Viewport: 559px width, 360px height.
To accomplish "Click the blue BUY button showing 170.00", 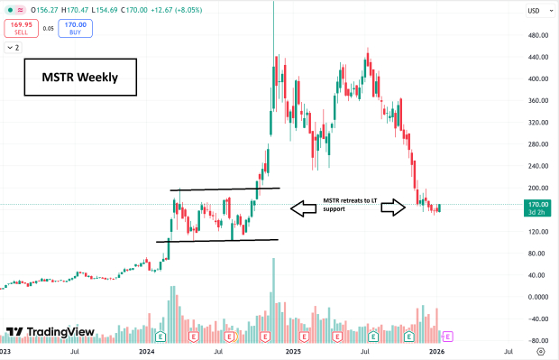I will coord(76,27).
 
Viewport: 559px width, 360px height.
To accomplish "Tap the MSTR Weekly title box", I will coord(79,78).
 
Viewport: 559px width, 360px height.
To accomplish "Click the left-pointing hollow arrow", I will coord(304,208).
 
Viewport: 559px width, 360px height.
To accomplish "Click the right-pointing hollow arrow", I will coord(392,208).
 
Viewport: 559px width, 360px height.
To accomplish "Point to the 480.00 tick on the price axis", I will coord(538,35).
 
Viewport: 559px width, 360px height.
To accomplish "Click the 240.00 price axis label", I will coord(538,166).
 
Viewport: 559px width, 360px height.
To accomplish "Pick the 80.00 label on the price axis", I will coord(538,254).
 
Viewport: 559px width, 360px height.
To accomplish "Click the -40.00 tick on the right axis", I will coord(538,318).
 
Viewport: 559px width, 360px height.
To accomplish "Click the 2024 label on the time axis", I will coord(150,353).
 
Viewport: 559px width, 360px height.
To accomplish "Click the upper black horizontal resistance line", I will coord(225,189).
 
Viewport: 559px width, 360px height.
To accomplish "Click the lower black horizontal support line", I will coord(216,241).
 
